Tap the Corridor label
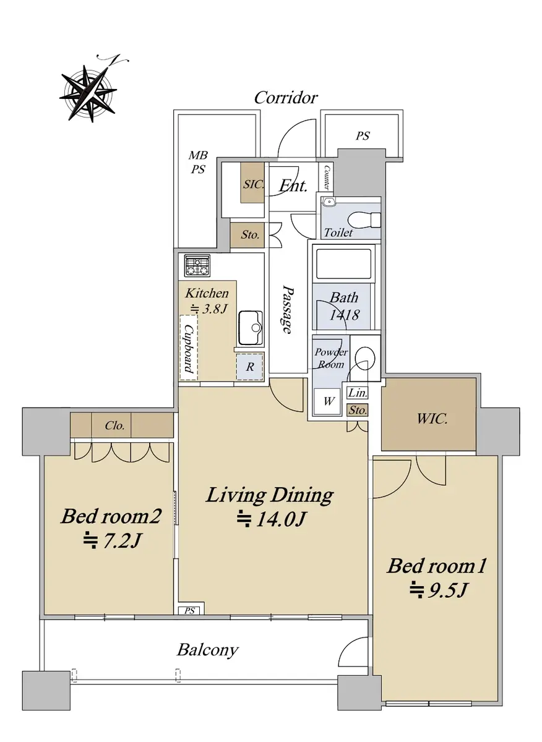(x=286, y=98)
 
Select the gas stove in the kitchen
(x=198, y=266)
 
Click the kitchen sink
(x=251, y=328)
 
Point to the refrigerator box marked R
(x=250, y=367)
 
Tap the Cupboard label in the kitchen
(x=189, y=348)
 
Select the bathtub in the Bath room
(x=343, y=264)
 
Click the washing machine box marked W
(x=327, y=401)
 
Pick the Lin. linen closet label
(x=358, y=393)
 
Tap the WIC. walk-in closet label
(x=432, y=419)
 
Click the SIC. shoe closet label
(x=253, y=184)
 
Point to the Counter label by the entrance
(x=327, y=177)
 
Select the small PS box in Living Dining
(x=191, y=610)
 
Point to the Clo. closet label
(x=114, y=425)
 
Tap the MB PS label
(x=198, y=162)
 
